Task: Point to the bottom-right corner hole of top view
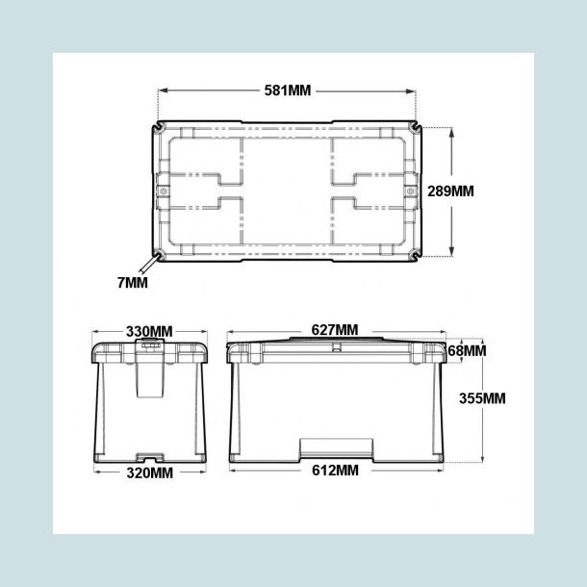tap(415, 256)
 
